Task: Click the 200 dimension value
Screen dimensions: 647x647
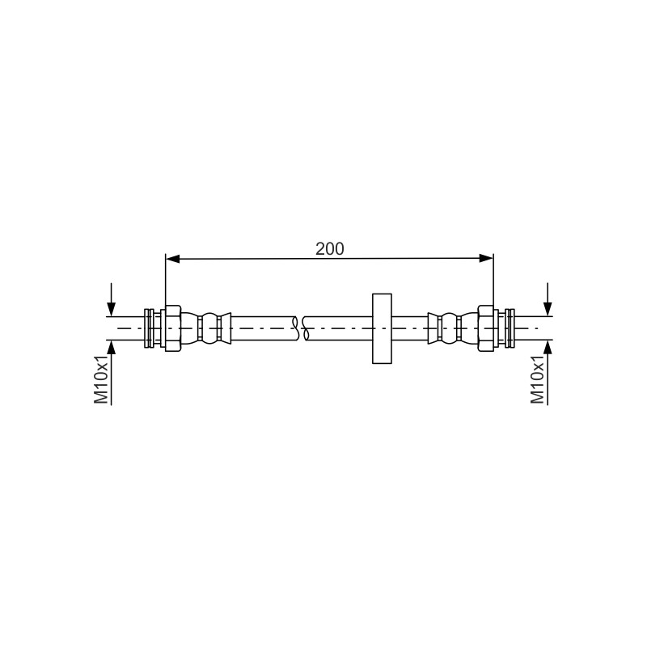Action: (329, 249)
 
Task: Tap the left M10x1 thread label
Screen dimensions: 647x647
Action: (101, 379)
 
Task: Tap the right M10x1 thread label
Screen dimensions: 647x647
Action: (537, 379)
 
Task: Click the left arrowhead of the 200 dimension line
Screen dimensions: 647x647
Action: (172, 259)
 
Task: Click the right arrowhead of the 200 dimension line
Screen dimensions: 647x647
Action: (486, 259)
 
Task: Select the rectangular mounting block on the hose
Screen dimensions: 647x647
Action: (382, 328)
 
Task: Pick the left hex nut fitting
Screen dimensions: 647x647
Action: (173, 328)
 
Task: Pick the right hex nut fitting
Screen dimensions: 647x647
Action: (486, 328)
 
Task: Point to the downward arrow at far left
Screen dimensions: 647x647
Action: (111, 299)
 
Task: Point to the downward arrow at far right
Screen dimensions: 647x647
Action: (548, 299)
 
